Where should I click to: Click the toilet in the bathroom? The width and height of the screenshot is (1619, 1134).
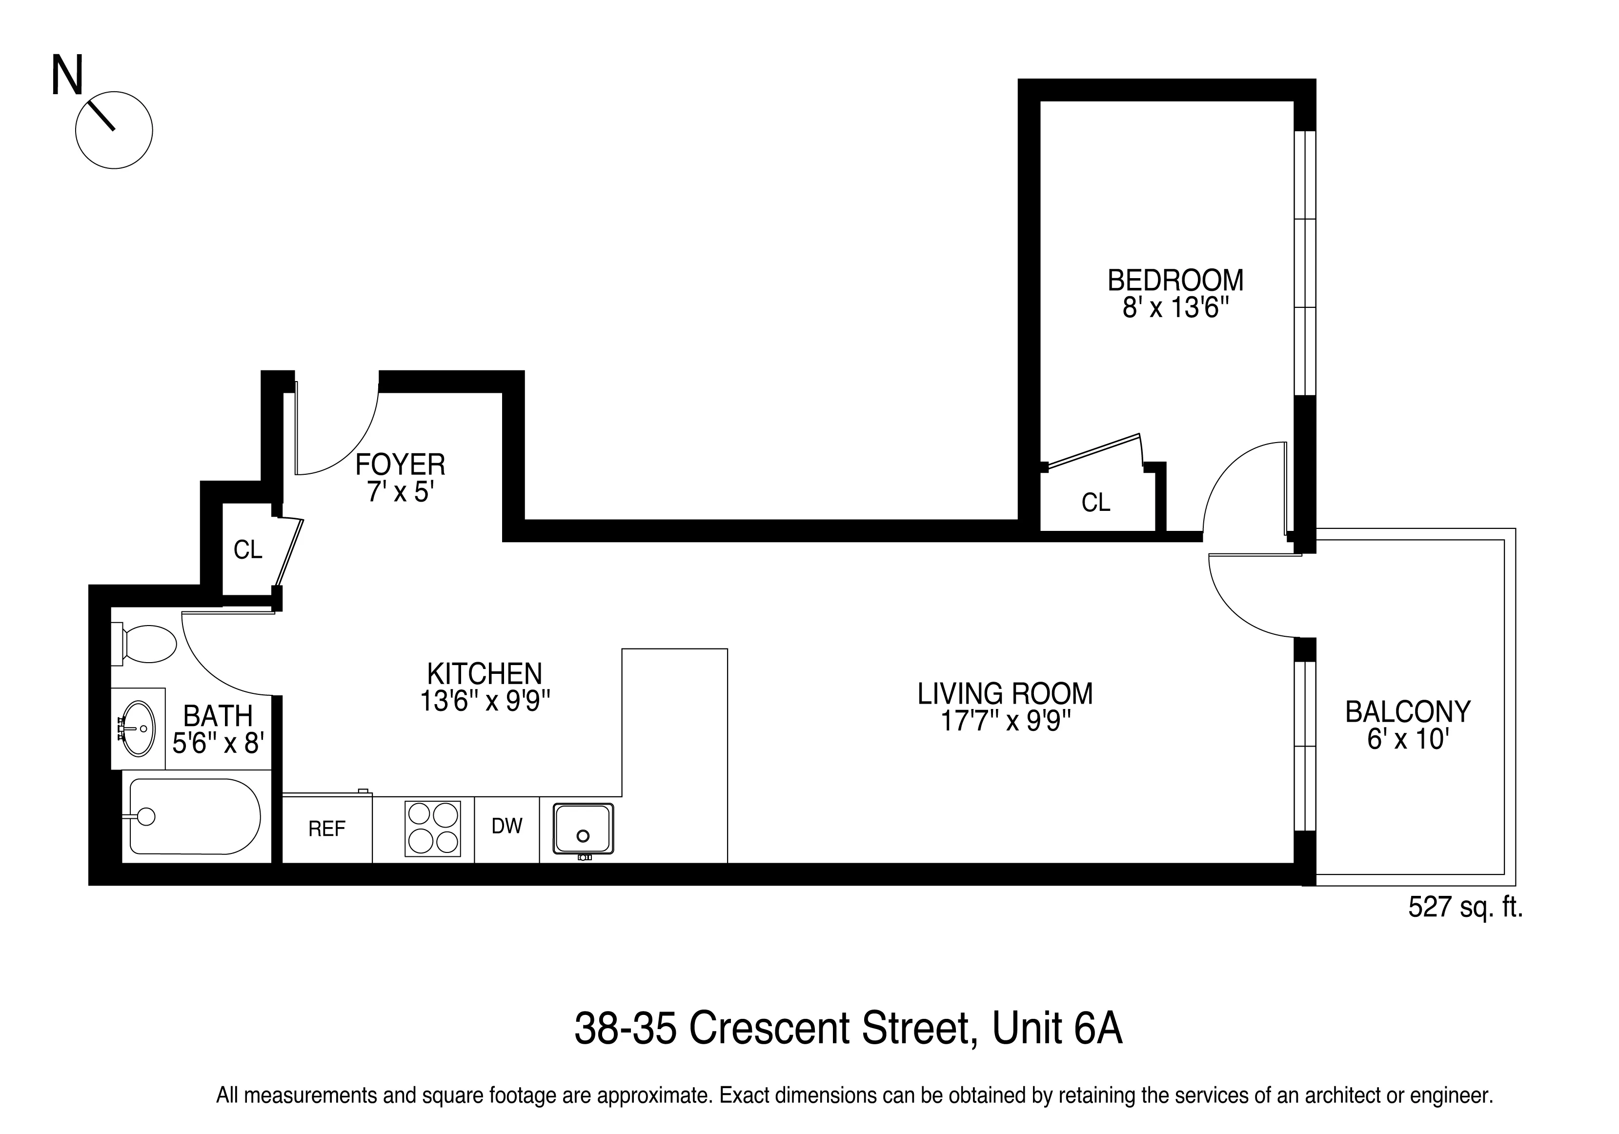tap(147, 643)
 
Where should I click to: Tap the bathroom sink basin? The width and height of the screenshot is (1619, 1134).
tap(138, 728)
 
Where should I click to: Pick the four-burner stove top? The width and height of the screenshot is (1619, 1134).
tap(432, 829)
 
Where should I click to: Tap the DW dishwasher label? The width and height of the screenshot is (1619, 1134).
tap(506, 826)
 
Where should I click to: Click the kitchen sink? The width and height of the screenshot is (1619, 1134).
tap(583, 829)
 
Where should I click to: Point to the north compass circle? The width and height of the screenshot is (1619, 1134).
tap(114, 130)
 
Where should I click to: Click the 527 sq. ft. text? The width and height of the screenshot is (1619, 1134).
tap(1465, 907)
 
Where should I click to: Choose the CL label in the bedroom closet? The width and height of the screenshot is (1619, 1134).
tap(1096, 503)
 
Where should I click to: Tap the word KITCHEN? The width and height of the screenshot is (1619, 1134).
tap(485, 673)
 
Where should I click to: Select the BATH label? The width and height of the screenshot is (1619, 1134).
tap(218, 716)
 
